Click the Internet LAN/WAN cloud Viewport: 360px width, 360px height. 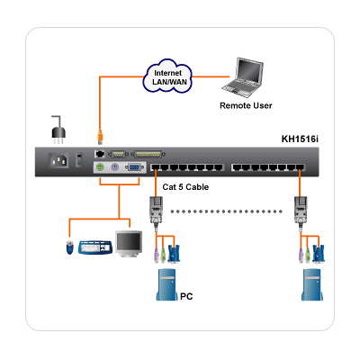(167, 76)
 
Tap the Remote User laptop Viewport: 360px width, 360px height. (243, 77)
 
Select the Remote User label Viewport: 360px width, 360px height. (246, 105)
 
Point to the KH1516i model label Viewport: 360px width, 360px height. (300, 139)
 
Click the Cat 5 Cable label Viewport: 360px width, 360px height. (185, 187)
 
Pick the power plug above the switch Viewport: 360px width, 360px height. (58, 130)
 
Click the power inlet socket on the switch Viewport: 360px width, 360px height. (58, 161)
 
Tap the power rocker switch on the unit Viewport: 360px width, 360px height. (79, 160)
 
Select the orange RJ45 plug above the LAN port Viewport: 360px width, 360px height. (100, 137)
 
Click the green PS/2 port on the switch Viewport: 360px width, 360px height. (100, 167)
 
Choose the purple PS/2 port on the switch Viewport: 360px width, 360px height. (114, 167)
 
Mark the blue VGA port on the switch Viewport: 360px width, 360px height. (135, 167)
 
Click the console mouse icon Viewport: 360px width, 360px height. (69, 247)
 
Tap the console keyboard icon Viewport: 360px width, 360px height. (96, 247)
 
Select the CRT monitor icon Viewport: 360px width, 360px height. (130, 244)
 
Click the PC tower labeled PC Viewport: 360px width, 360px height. (166, 284)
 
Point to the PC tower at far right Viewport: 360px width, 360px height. (312, 284)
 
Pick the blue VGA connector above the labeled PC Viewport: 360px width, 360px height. (174, 254)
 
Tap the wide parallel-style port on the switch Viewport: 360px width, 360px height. (148, 155)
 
